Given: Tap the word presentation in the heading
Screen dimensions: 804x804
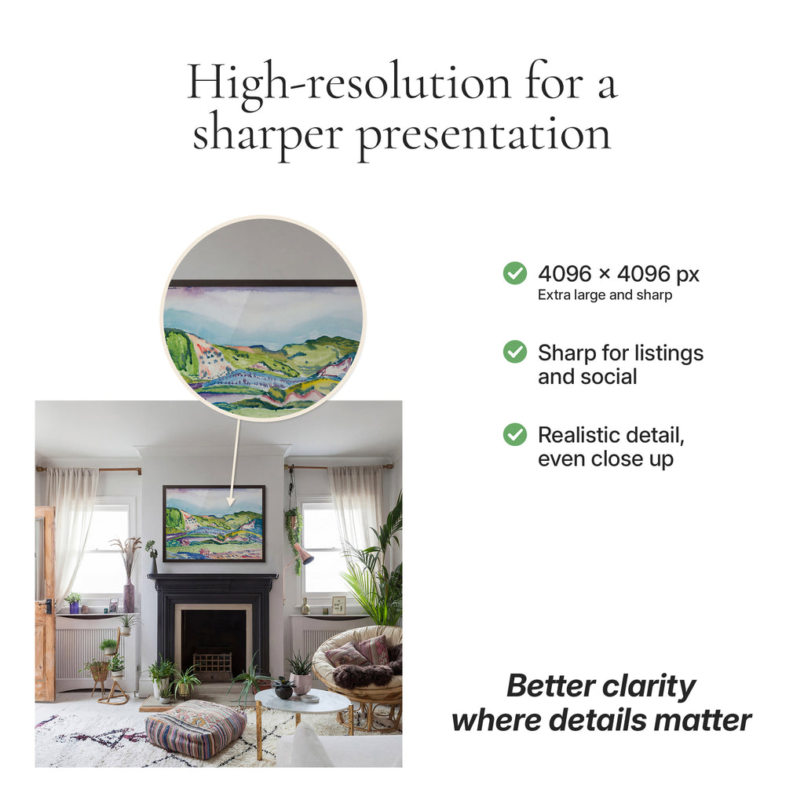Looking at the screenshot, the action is coord(484,135).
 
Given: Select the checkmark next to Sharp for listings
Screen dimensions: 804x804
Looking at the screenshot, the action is coord(515,351).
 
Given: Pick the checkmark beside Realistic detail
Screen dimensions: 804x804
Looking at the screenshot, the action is coord(515,434).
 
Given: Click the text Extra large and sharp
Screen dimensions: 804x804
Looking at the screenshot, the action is coord(605,295).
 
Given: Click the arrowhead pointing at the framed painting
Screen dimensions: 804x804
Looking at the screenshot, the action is coord(231,500).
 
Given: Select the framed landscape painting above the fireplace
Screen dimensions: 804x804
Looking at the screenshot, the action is coord(214,523).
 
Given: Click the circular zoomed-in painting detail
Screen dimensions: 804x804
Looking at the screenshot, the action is coord(263,318).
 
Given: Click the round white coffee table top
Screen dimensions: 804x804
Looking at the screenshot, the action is coord(296,700).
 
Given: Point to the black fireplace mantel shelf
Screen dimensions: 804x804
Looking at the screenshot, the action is coord(212,577).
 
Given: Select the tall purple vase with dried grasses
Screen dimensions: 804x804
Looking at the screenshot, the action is coord(129,597).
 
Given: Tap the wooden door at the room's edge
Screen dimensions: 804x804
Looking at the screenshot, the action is coord(45,604).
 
